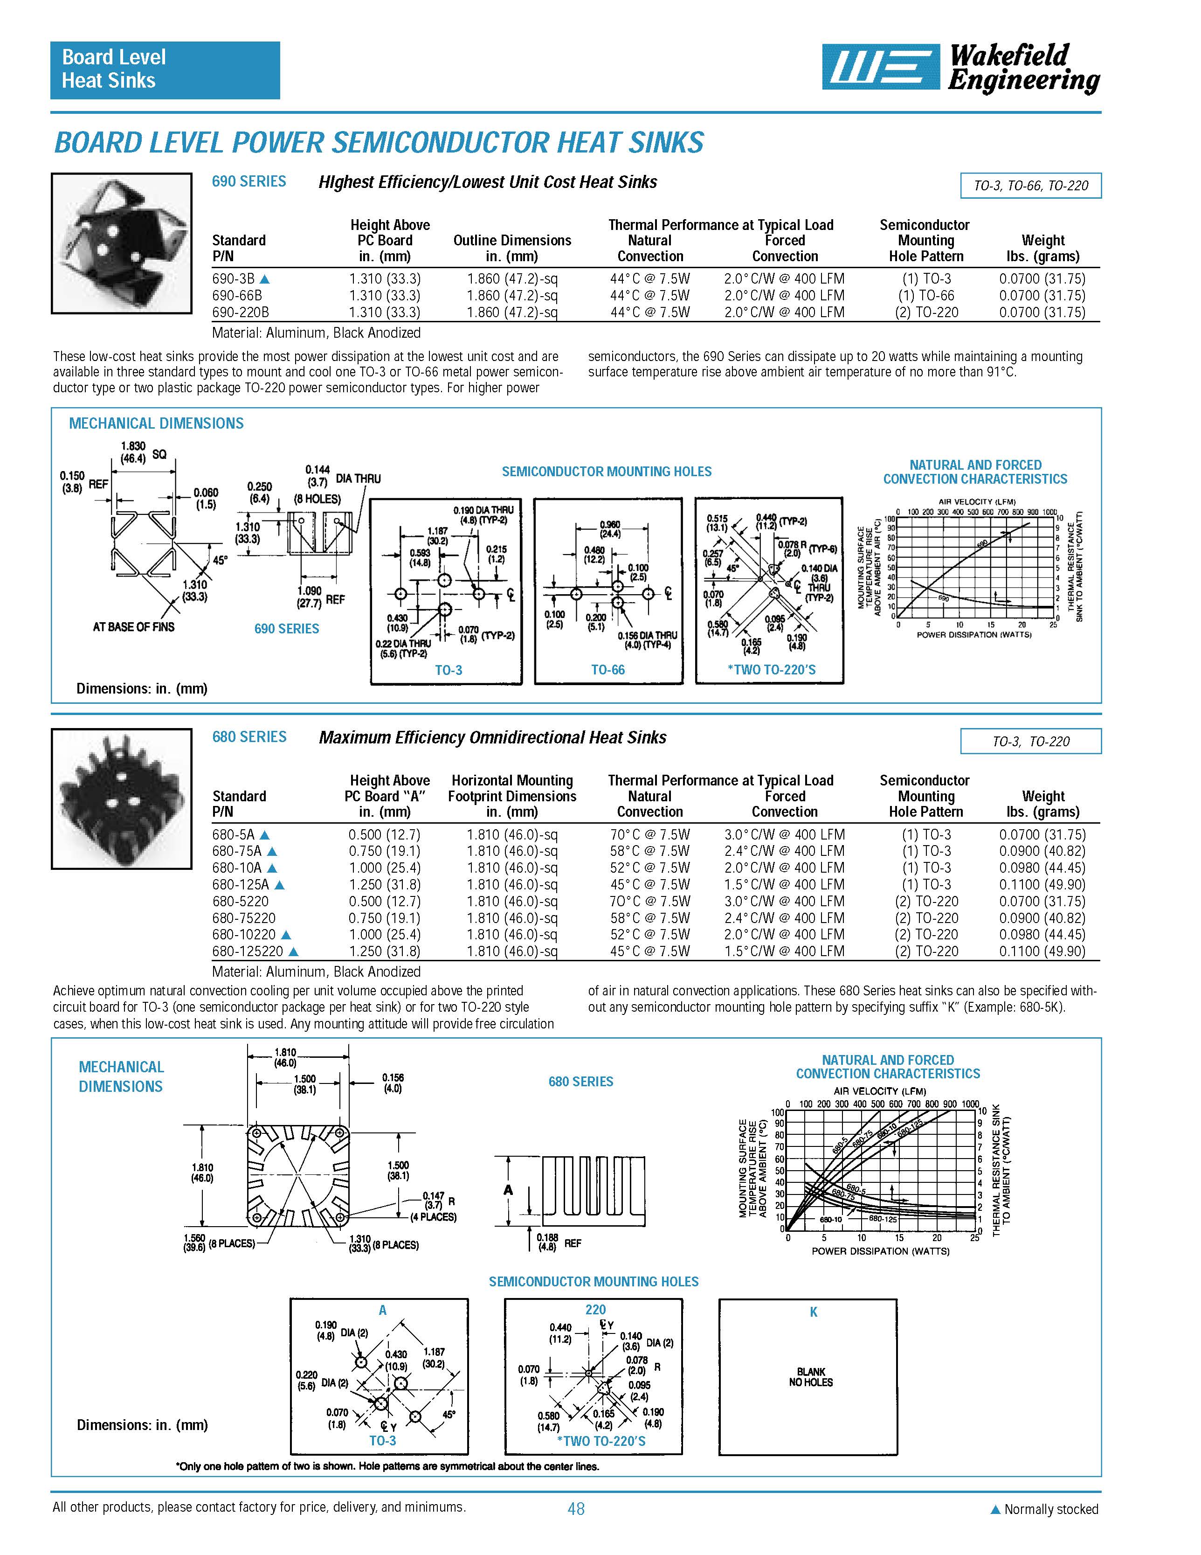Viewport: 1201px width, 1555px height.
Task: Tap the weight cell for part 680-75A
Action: [1042, 851]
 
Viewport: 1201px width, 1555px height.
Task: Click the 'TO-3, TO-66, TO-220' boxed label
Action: [1030, 186]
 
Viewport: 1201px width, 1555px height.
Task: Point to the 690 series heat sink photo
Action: [122, 243]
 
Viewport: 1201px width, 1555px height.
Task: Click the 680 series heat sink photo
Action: [122, 799]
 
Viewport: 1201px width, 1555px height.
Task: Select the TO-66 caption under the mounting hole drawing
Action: [607, 670]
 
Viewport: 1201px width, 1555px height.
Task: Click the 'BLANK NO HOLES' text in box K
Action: [810, 1377]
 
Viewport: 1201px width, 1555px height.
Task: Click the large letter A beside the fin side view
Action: [508, 1190]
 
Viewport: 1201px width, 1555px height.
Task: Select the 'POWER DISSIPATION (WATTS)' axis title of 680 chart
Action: [881, 1251]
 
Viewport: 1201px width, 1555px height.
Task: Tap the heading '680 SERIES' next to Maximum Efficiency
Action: [249, 737]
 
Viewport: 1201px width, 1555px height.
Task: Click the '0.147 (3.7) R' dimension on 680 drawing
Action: [437, 1201]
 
